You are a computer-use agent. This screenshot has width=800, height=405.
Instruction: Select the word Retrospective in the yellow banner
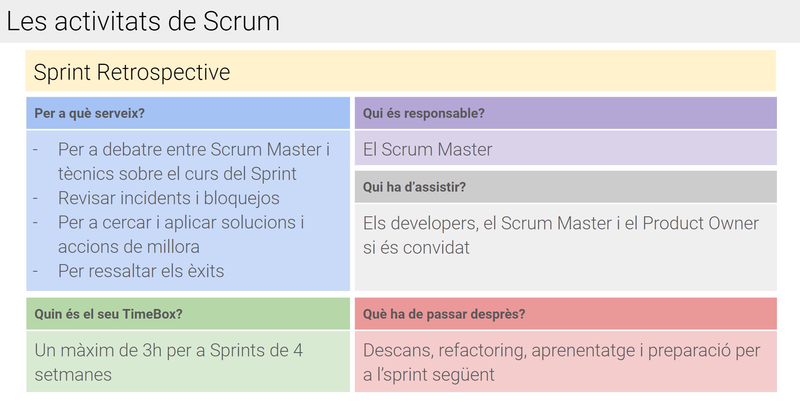point(164,73)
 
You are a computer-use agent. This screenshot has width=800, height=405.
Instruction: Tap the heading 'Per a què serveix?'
point(89,113)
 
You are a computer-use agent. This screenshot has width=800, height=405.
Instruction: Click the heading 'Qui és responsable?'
point(424,113)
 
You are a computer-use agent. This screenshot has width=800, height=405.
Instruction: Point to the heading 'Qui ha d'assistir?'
point(414,187)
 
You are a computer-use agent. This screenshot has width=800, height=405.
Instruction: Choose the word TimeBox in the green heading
point(152,314)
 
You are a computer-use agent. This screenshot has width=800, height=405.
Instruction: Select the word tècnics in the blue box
point(86,174)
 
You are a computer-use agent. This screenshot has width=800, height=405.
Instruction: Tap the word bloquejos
point(242,198)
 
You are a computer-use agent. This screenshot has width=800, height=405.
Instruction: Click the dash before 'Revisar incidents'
point(36,198)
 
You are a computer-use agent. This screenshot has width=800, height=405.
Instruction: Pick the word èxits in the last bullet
point(206,271)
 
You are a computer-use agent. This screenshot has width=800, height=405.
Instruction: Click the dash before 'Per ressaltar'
point(36,271)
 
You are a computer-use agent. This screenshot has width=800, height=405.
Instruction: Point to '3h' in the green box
point(152,350)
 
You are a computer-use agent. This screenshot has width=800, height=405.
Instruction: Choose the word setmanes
point(73,375)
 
